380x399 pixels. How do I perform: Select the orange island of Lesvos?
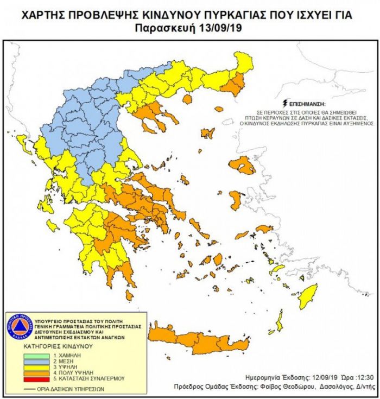pyautogui.click(x=243, y=166)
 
